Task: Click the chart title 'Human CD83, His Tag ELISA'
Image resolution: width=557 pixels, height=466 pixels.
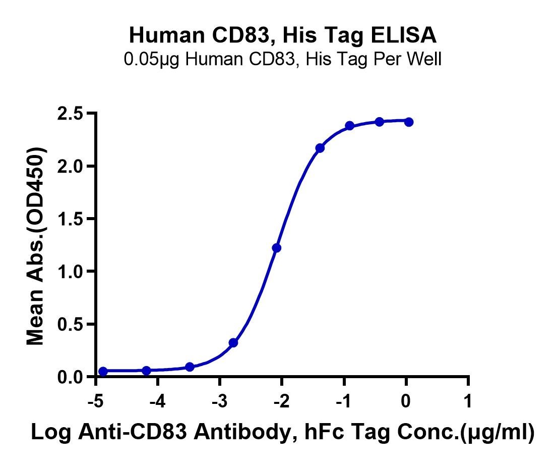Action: pyautogui.click(x=283, y=35)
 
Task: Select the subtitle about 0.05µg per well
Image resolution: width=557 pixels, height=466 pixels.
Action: pyautogui.click(x=283, y=59)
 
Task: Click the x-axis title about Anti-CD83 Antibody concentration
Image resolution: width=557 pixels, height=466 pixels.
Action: pyautogui.click(x=283, y=433)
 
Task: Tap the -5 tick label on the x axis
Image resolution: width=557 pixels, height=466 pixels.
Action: pyautogui.click(x=96, y=401)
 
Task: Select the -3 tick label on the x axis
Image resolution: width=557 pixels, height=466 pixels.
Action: pyautogui.click(x=220, y=401)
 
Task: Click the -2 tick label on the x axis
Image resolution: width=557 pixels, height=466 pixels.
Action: pyautogui.click(x=282, y=401)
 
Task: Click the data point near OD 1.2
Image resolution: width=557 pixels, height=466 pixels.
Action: pyautogui.click(x=276, y=248)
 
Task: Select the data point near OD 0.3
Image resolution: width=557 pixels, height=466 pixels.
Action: pyautogui.click(x=233, y=343)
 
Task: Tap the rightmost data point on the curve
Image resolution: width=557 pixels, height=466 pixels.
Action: pyautogui.click(x=409, y=122)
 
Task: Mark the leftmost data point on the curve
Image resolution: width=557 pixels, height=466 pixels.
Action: pyautogui.click(x=103, y=372)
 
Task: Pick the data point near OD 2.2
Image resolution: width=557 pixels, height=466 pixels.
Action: pyautogui.click(x=320, y=148)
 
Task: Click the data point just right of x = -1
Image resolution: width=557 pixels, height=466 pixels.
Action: pyautogui.click(x=349, y=126)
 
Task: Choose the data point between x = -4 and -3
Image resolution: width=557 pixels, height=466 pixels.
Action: pyautogui.click(x=190, y=367)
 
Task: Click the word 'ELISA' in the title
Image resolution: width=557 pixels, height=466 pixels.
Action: pyautogui.click(x=404, y=35)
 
